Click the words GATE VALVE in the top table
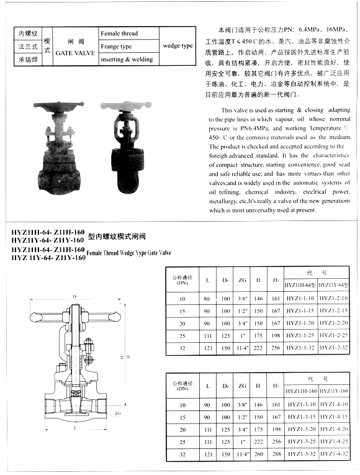click(x=75, y=53)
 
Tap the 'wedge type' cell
click(x=178, y=46)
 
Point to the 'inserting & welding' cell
click(x=127, y=60)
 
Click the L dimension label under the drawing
click(x=74, y=428)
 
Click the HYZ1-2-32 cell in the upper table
click(x=333, y=347)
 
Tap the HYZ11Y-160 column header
click(x=333, y=390)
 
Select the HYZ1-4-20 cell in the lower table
click(x=333, y=429)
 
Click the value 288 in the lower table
click(x=276, y=454)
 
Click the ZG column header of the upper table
click(x=242, y=280)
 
